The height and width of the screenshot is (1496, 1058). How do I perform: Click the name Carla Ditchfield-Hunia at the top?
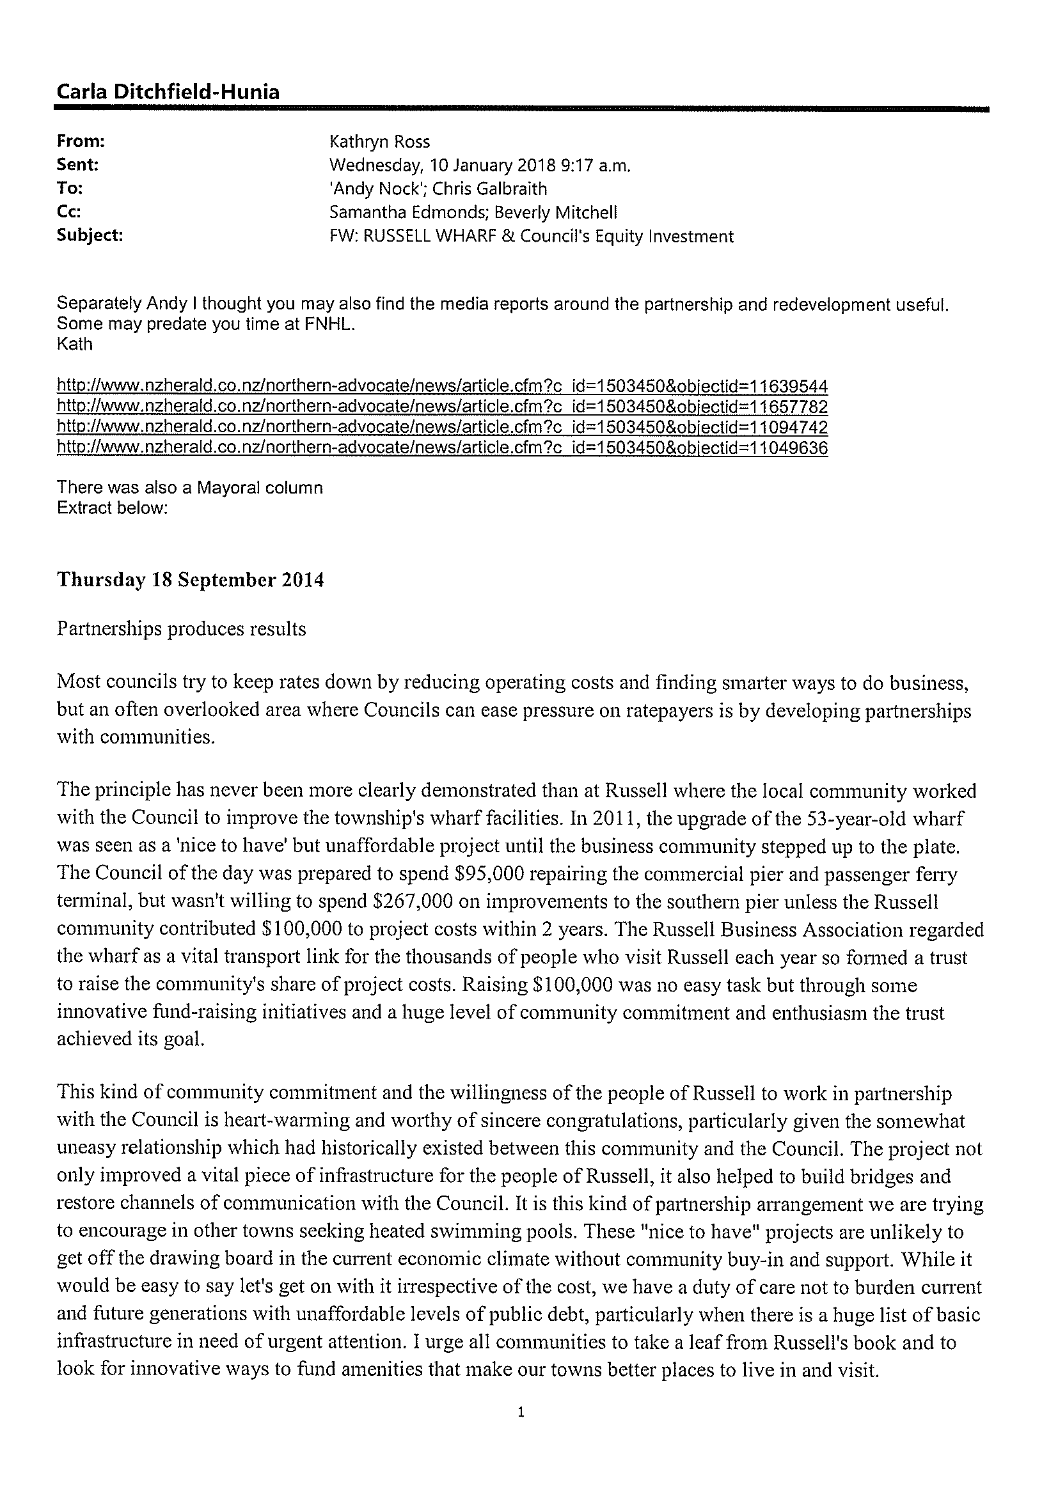coord(168,92)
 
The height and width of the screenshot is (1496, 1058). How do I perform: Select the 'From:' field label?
coord(81,141)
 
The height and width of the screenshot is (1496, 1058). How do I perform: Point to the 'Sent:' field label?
coord(77,165)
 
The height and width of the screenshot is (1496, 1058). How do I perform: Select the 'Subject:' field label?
coord(90,236)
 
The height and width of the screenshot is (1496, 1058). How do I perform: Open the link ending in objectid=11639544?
coord(443,386)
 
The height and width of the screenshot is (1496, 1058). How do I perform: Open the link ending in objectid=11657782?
coord(443,407)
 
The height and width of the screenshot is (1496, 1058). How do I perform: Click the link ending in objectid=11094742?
coord(443,428)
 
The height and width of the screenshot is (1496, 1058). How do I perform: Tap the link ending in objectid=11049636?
coord(443,448)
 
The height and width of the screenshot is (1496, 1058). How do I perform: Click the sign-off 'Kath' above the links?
coord(75,344)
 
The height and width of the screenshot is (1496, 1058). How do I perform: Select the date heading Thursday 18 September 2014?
coord(191,580)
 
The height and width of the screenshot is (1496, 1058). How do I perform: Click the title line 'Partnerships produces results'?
coord(181,628)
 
